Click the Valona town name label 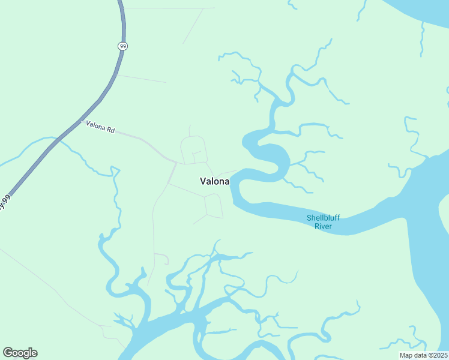point(214,181)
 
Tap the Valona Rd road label point(100,127)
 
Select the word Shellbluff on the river point(323,218)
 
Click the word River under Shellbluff point(323,226)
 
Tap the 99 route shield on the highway point(122,46)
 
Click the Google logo point(20,353)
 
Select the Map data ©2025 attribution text point(423,355)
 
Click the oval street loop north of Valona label point(193,149)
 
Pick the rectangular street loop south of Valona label point(214,206)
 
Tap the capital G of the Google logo point(8,353)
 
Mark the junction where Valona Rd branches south point(175,163)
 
